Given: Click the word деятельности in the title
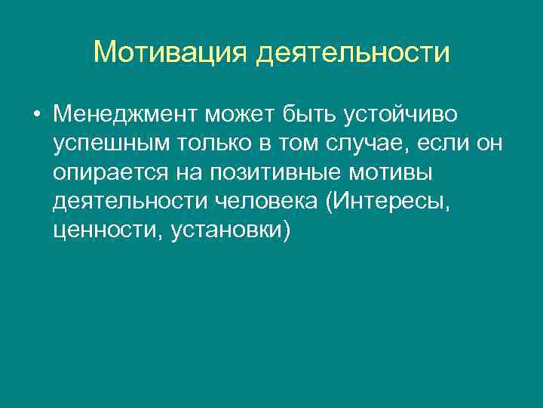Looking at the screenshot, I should tap(354, 52).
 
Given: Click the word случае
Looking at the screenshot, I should tap(357, 144).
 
